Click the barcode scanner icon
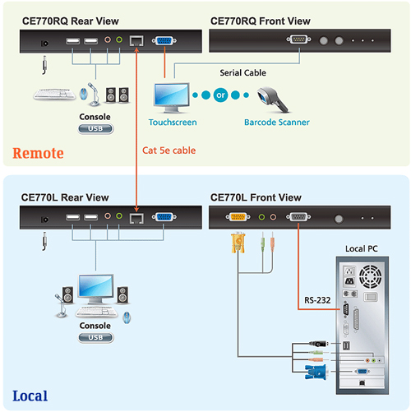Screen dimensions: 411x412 point(272,100)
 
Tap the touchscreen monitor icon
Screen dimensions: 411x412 point(172,98)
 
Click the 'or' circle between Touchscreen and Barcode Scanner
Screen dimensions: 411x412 point(220,95)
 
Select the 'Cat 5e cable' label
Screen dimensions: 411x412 point(169,150)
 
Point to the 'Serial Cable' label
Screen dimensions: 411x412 point(242,72)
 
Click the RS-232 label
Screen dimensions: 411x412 point(317,300)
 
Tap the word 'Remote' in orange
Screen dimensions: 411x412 point(38,153)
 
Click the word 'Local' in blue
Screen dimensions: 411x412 point(30,396)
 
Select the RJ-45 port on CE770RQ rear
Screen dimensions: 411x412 point(136,41)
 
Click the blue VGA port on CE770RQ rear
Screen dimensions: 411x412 point(164,41)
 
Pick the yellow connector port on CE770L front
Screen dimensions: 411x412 point(238,217)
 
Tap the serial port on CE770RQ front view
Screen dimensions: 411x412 point(298,39)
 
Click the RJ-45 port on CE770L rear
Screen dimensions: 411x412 point(136,218)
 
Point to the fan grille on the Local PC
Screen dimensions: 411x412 point(370,276)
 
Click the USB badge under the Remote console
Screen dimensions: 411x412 point(95,128)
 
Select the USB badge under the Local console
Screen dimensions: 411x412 point(95,337)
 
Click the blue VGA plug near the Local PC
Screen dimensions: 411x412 point(316,372)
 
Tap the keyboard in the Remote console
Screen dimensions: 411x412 point(54,94)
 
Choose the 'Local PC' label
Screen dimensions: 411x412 point(361,248)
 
